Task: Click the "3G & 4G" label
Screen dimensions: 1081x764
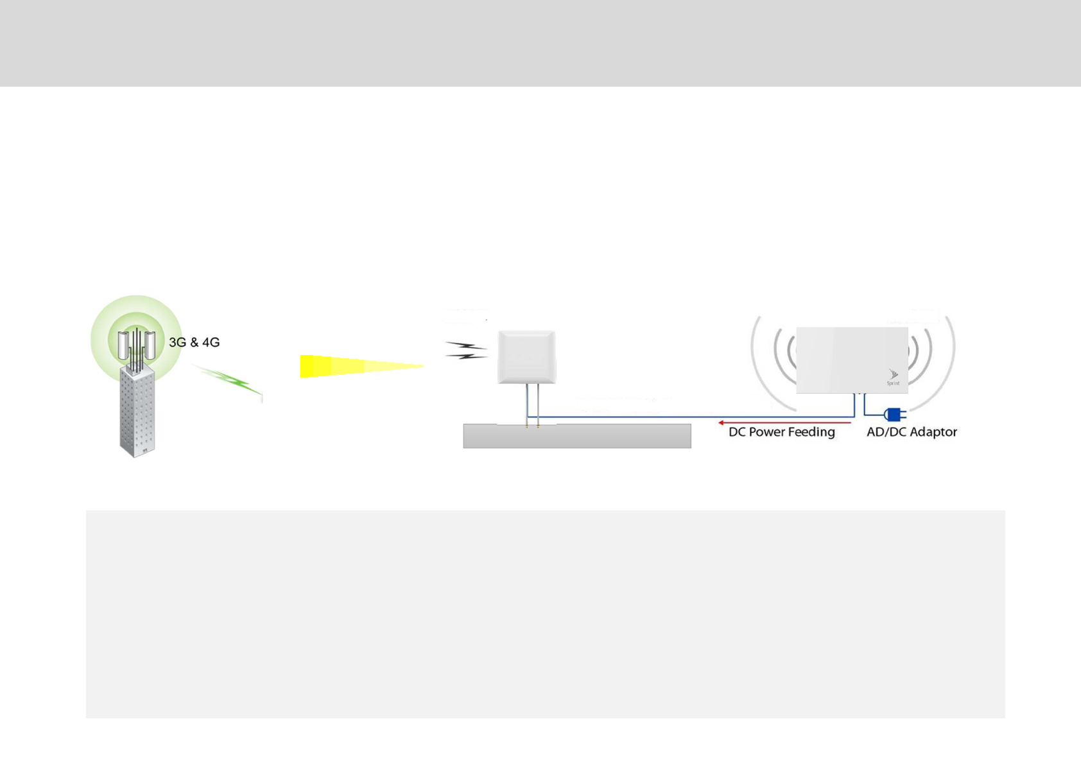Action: click(x=194, y=343)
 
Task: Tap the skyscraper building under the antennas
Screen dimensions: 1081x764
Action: click(x=137, y=414)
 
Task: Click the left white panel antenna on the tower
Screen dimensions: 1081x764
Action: click(x=123, y=345)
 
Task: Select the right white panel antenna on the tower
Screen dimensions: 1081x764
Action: click(x=150, y=345)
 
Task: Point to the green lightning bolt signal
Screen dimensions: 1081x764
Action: click(x=228, y=379)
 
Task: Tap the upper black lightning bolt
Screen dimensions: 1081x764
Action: click(x=466, y=347)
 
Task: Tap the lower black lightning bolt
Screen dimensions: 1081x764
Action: click(x=467, y=355)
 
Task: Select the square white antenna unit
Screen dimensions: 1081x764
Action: click(x=526, y=357)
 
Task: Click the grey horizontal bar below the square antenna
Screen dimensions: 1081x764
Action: click(x=576, y=436)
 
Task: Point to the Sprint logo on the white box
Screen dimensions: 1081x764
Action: click(x=893, y=377)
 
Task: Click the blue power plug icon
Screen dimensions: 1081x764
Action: click(x=894, y=415)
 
